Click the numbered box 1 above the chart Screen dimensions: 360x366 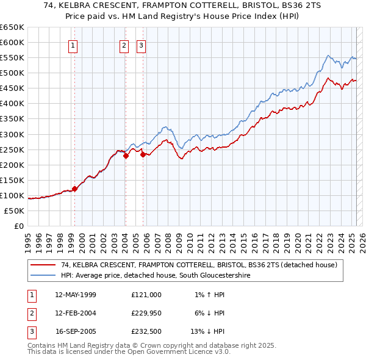coord(73,45)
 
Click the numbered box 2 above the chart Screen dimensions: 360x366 coord(124,45)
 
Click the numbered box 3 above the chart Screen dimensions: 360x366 coord(141,45)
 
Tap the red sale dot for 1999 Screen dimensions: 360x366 coord(74,189)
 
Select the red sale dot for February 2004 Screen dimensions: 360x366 coord(126,156)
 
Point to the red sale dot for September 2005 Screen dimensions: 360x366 coord(143,154)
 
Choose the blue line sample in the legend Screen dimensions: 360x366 coord(43,275)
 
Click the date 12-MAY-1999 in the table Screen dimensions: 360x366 coord(76,294)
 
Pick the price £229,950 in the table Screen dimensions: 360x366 coord(146,313)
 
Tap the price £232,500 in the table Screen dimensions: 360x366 coord(146,332)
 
